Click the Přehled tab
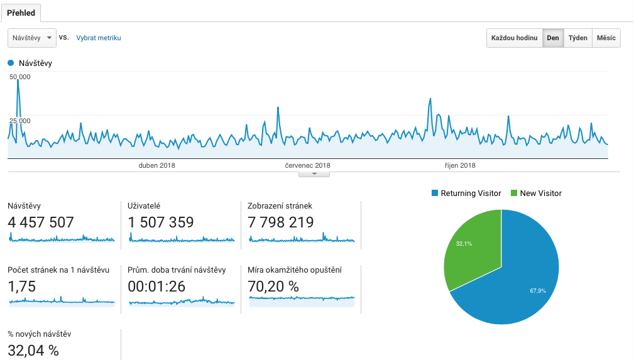pyautogui.click(x=21, y=13)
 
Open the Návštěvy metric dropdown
pyautogui.click(x=32, y=38)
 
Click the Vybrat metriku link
pyautogui.click(x=99, y=38)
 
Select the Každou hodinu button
pyautogui.click(x=514, y=38)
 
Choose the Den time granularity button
pyautogui.click(x=553, y=38)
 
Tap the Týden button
pyautogui.click(x=578, y=38)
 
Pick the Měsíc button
pyautogui.click(x=606, y=38)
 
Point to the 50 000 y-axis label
pyautogui.click(x=20, y=77)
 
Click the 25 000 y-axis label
pyautogui.click(x=20, y=121)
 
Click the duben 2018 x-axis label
pyautogui.click(x=156, y=166)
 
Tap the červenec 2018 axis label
pyautogui.click(x=307, y=166)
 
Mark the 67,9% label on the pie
pyautogui.click(x=537, y=291)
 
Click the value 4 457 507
pyautogui.click(x=41, y=222)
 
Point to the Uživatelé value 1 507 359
pyautogui.click(x=161, y=222)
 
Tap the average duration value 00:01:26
pyautogui.click(x=157, y=286)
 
